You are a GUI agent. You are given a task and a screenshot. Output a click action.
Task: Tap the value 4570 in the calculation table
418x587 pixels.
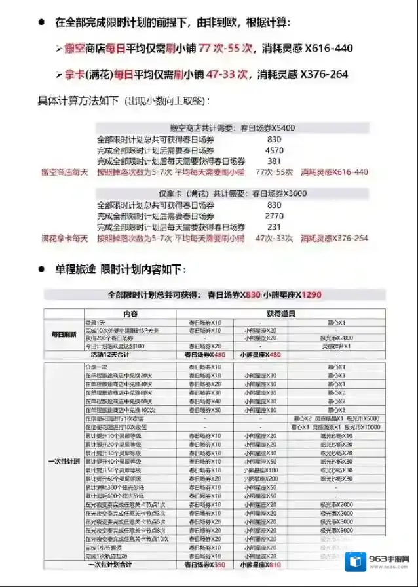[x=275, y=150]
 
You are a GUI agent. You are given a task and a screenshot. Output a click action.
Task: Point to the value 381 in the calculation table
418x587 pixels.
[x=275, y=161]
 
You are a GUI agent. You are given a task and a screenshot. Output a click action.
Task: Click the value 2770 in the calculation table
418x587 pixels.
[x=275, y=215]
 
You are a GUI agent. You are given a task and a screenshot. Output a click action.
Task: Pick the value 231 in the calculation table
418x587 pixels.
[x=275, y=226]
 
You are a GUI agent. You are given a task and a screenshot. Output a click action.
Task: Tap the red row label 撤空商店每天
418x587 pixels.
[x=63, y=172]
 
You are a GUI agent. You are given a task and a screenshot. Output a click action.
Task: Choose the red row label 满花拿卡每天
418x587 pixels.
[x=64, y=237]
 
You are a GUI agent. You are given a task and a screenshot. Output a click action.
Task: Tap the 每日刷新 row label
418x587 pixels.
[x=64, y=334]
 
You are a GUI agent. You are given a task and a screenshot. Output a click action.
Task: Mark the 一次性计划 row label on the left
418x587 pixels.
[x=64, y=461]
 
